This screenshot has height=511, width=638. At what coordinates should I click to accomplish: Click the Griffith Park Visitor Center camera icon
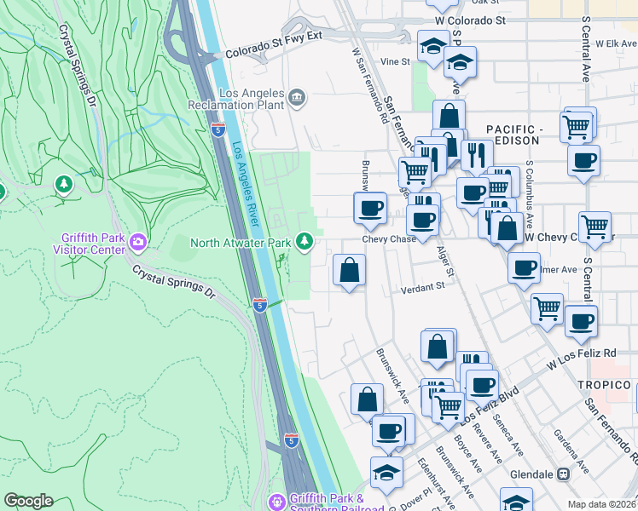pyautogui.click(x=137, y=245)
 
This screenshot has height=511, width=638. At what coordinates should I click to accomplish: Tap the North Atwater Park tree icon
pyautogui.click(x=304, y=243)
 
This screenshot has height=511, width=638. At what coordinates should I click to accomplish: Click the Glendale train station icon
pyautogui.click(x=563, y=474)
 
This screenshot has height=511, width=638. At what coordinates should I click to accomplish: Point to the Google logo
pyautogui.click(x=28, y=501)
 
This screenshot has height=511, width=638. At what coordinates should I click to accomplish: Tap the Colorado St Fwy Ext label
pyautogui.click(x=275, y=53)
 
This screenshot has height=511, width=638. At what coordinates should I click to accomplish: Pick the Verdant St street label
pyautogui.click(x=424, y=288)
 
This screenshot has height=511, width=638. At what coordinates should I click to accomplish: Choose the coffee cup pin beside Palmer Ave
pyautogui.click(x=524, y=267)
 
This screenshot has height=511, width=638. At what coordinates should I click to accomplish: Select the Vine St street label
pyautogui.click(x=395, y=61)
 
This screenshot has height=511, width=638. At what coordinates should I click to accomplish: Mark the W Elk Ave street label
pyautogui.click(x=617, y=43)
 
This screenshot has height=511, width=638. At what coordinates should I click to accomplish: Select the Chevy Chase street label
pyautogui.click(x=389, y=239)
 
